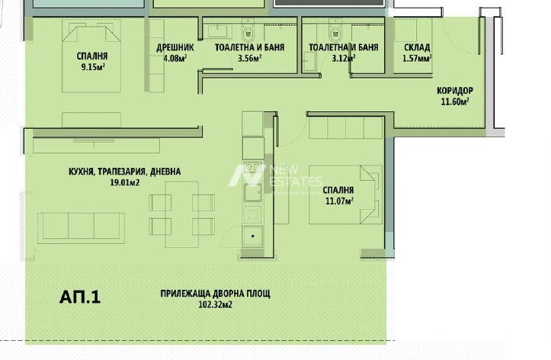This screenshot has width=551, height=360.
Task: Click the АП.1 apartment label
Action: [x=80, y=297]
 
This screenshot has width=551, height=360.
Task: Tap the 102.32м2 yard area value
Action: [x=215, y=304]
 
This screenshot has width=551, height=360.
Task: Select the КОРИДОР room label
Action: [x=455, y=91]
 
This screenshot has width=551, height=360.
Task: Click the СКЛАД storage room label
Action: [x=417, y=47]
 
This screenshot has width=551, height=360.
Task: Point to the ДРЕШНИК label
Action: [x=175, y=47]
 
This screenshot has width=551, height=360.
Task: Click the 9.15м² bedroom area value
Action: [x=93, y=67]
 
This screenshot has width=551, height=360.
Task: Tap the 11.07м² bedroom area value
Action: [x=339, y=201]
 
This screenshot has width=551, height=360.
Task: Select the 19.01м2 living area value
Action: [x=125, y=182]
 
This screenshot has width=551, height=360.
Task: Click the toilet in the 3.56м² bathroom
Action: [x=248, y=34]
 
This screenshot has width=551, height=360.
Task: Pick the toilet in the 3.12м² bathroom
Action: [x=335, y=34]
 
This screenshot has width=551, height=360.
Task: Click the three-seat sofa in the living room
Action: [x=82, y=228]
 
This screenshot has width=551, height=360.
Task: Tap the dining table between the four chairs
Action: [x=182, y=214]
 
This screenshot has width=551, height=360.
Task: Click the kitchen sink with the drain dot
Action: [x=253, y=236]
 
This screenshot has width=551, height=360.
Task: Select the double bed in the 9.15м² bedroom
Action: [x=91, y=56]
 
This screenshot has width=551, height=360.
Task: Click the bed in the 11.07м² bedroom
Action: [x=345, y=194]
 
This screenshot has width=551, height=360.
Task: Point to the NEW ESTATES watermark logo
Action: [x=275, y=175]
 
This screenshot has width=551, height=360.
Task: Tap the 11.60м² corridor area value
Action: [x=455, y=102]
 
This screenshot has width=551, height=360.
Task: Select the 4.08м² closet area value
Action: [x=175, y=59]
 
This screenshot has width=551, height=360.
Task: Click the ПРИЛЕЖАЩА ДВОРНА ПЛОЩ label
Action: [x=215, y=294]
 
